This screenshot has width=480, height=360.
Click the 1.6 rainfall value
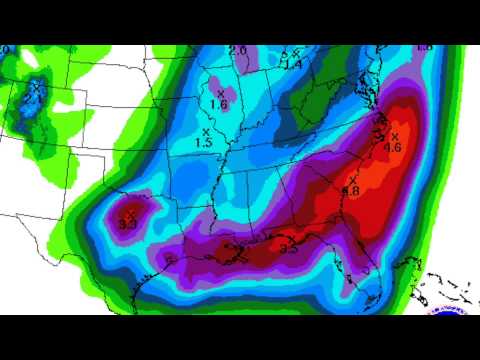click(220, 104)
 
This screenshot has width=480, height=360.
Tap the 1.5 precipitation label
click(205, 143)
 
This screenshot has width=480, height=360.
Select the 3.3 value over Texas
click(127, 224)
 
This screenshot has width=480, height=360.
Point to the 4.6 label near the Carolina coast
click(393, 148)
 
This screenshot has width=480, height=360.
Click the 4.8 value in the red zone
click(352, 190)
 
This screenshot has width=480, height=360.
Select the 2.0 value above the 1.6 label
click(237, 50)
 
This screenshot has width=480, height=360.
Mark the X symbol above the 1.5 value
click(205, 131)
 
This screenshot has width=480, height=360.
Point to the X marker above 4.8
click(353, 179)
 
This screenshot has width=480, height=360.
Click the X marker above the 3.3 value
click(131, 213)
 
